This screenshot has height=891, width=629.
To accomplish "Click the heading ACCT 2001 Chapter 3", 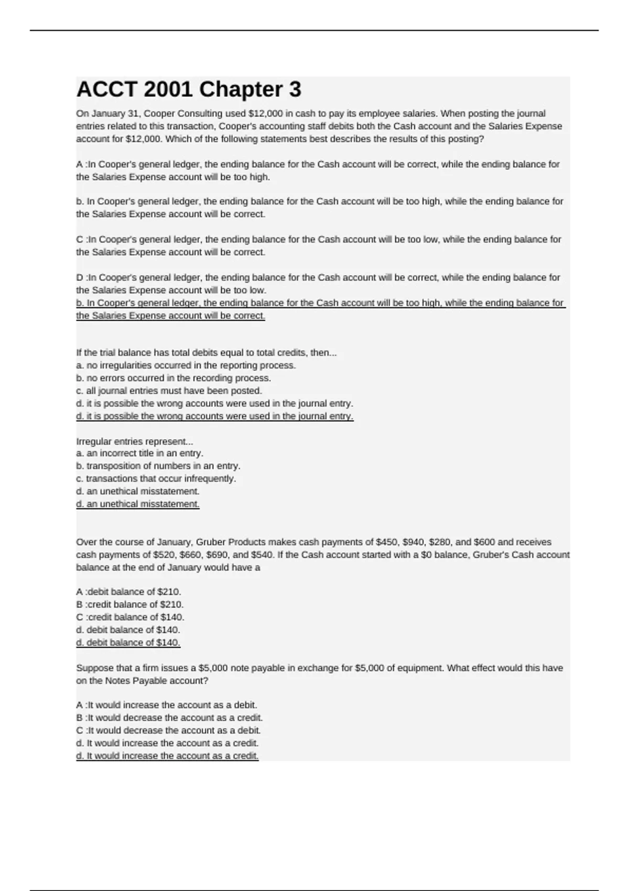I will pyautogui.click(x=189, y=90).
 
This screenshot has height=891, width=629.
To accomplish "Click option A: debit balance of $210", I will pyautogui.click(x=128, y=592).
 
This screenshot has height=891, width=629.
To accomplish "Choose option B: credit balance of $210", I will pyautogui.click(x=129, y=604).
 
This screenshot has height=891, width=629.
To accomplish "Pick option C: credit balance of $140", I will pyautogui.click(x=130, y=617).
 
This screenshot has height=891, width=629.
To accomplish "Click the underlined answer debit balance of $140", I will pyautogui.click(x=128, y=643).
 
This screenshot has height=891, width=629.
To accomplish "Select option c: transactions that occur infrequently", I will pyautogui.click(x=156, y=479).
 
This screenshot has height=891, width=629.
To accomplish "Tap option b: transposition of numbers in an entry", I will pyautogui.click(x=158, y=466).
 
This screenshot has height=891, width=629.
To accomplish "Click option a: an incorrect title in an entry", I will pyautogui.click(x=139, y=453).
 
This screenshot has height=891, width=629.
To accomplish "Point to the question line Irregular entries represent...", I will pyautogui.click(x=135, y=441).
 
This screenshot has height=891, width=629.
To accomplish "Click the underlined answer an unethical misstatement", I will pyautogui.click(x=138, y=504).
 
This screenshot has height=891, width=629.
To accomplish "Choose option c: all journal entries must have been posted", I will pyautogui.click(x=169, y=390).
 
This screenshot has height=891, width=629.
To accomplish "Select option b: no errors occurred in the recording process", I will pyautogui.click(x=173, y=378).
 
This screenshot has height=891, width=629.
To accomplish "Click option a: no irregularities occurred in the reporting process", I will pyautogui.click(x=186, y=365).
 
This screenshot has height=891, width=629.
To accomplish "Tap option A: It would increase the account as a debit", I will pyautogui.click(x=167, y=705).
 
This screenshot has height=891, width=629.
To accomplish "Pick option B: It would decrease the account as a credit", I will pyautogui.click(x=169, y=718).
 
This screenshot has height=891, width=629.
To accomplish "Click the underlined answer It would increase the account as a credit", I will pyautogui.click(x=167, y=756).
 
